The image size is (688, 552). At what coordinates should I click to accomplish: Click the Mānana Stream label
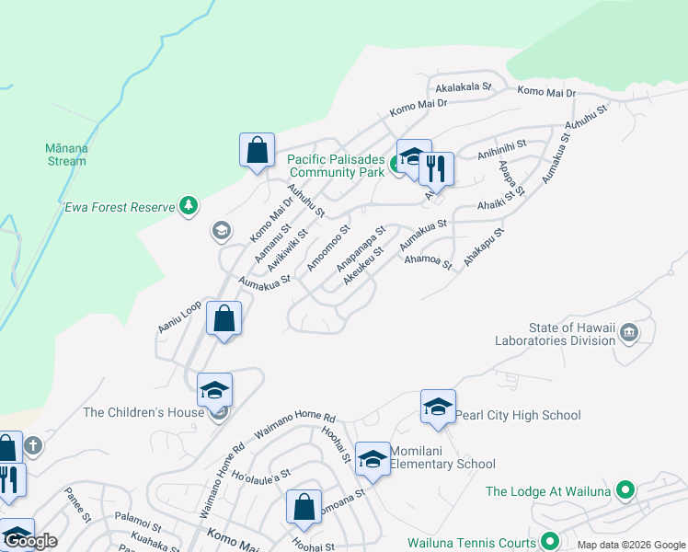(65, 155)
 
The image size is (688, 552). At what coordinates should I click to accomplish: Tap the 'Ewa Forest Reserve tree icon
(189, 205)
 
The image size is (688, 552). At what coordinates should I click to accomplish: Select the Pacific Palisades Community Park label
(336, 166)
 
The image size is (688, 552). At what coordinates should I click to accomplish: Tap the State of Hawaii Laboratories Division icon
(629, 332)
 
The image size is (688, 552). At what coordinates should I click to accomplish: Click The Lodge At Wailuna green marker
(625, 490)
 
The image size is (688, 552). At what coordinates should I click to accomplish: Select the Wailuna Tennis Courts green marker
(550, 541)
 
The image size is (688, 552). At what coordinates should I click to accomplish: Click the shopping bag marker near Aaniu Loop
(224, 321)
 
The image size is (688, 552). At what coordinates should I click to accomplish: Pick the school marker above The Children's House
(213, 392)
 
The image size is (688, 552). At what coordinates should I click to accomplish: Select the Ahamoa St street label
(430, 261)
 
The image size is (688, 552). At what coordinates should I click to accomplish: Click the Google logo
(29, 541)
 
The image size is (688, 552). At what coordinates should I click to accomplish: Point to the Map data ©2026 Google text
(631, 545)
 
